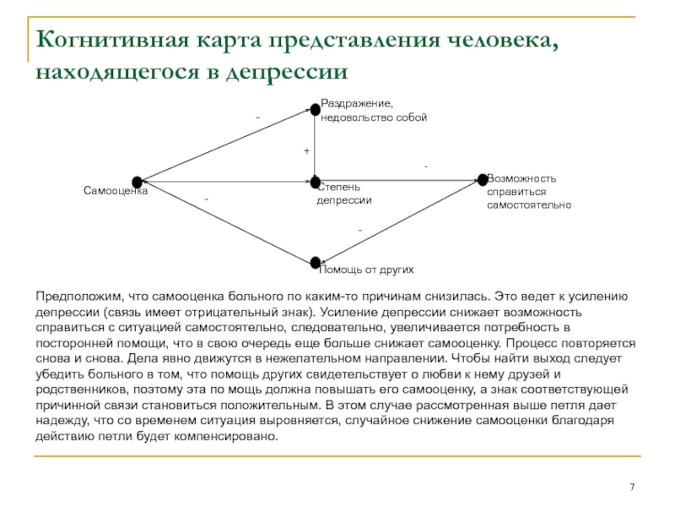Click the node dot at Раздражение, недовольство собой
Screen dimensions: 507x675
coord(315,109)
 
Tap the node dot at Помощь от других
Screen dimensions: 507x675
coord(315,263)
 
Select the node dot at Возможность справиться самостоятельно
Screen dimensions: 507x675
coord(483,179)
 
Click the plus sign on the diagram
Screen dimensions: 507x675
coord(306,150)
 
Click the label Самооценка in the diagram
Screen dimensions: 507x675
coord(116,192)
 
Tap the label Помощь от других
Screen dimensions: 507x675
coord(366,270)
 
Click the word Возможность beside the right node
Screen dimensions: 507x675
coord(522,179)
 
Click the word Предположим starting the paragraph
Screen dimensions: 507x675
coord(74,297)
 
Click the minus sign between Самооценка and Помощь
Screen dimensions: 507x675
coord(205,199)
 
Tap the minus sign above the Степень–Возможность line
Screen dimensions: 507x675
coord(426,167)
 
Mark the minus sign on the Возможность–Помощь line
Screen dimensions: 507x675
coord(359,230)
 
